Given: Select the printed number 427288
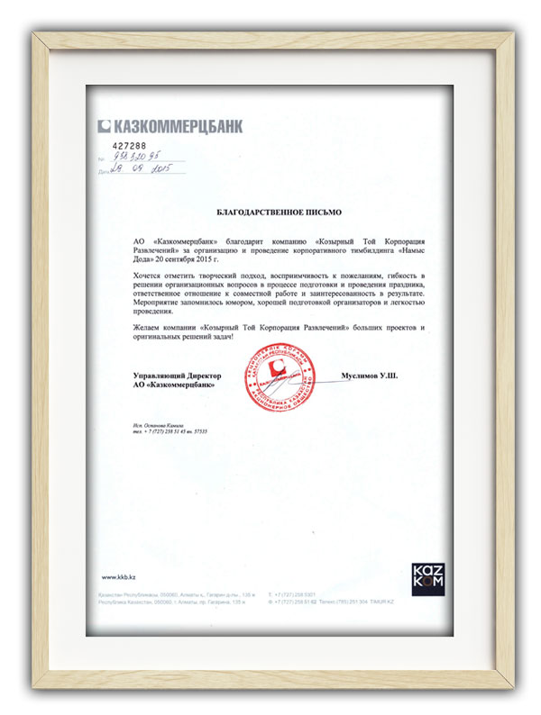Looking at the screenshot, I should pos(130,144).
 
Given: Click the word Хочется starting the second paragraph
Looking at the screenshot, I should pos(148,272).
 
